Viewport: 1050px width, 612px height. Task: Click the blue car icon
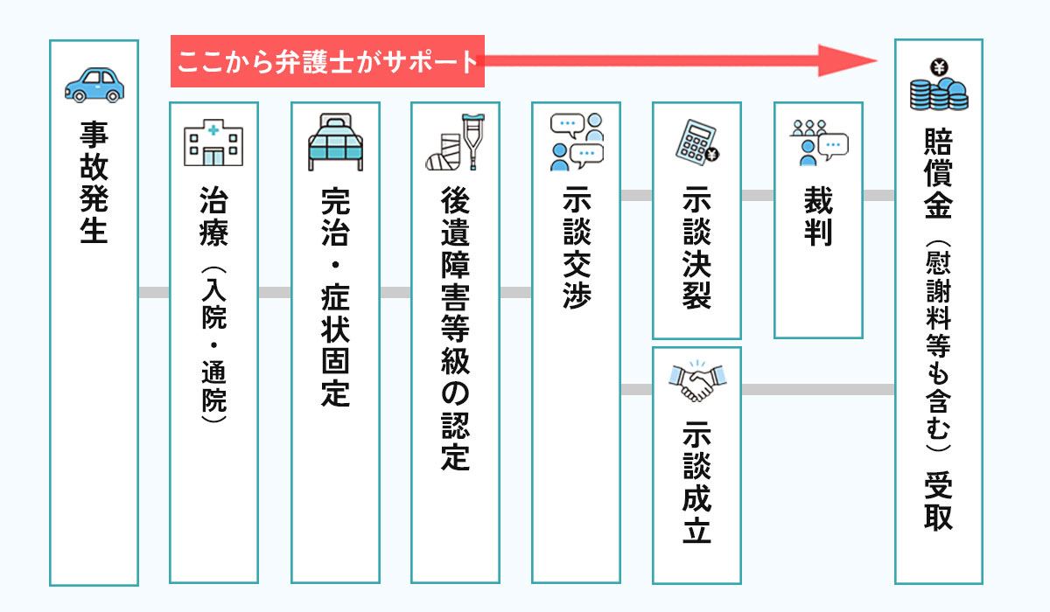coord(94,85)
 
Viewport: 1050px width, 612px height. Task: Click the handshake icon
coord(696,382)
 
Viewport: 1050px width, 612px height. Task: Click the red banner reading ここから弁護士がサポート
coord(327,62)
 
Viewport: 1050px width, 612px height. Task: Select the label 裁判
coord(818,217)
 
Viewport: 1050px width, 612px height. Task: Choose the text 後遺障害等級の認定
coord(455,330)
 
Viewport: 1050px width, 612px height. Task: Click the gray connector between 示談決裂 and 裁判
coord(757,195)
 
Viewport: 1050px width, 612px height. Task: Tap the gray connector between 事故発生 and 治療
coord(153,292)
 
